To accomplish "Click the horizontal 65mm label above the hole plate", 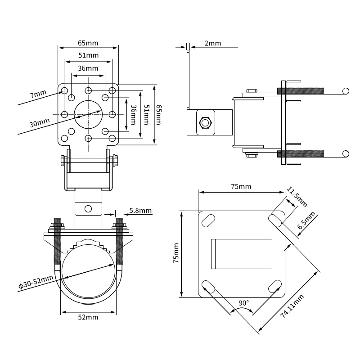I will pos(88,43).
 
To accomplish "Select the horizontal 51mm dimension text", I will pos(88,55).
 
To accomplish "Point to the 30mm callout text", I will pos(39,122).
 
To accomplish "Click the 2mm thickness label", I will pos(212,43).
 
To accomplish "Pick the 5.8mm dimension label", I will pos(140,210).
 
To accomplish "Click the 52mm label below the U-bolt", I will pos(88,317).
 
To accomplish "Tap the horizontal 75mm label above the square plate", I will pos(241,186).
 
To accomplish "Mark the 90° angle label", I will pos(243,303).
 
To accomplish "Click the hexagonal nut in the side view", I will pos(205,123).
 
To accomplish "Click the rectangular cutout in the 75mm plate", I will pos(241,254).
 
